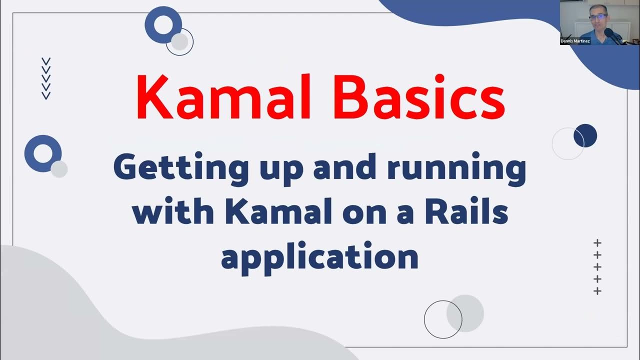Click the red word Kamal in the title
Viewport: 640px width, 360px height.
(223, 96)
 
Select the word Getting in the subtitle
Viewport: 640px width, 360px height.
(181, 169)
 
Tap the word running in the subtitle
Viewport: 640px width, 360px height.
(456, 169)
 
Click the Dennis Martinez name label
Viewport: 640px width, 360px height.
(575, 41)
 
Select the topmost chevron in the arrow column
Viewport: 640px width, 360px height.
(46, 61)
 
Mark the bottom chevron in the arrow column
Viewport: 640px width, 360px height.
(46, 95)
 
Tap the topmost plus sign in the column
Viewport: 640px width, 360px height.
(597, 243)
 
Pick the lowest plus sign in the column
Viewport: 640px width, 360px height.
(597, 291)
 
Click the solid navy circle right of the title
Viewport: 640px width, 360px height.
(585, 135)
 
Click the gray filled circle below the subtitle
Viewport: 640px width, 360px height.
(465, 313)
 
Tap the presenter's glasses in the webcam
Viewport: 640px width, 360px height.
(597, 16)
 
